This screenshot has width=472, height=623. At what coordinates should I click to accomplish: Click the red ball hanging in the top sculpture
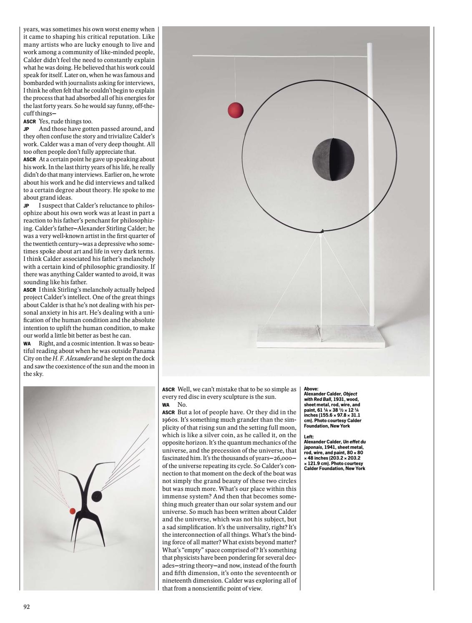[x=236, y=110]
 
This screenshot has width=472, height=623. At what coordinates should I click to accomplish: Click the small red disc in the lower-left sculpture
[x=72, y=510]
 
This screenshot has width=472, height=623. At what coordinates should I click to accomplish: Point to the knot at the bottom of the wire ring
[x=321, y=230]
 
